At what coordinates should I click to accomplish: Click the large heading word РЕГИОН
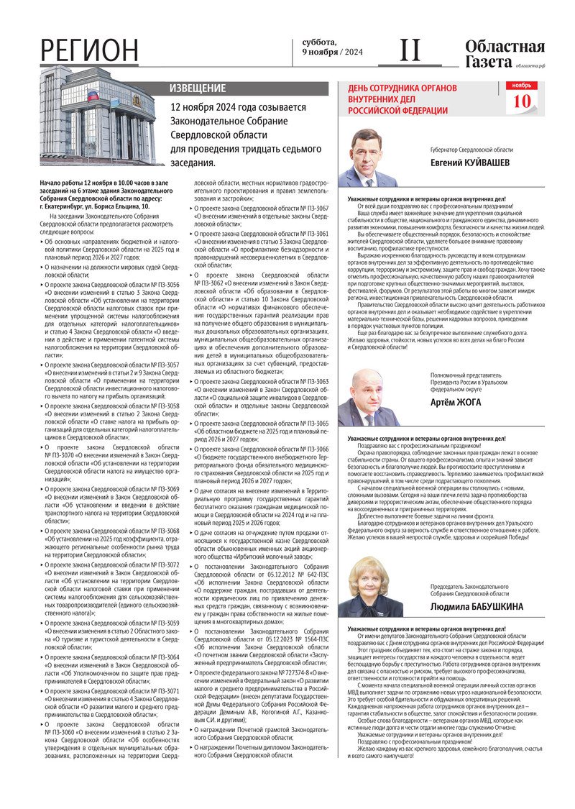coord(89,51)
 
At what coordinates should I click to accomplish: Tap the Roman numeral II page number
coord(410,50)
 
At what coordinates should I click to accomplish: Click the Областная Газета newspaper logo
coord(504,55)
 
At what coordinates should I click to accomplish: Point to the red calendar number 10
coord(522,101)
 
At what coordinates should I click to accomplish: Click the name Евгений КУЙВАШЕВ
coord(470,163)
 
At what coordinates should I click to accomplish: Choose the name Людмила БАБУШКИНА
coord(477,607)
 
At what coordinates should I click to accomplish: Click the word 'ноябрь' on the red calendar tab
coord(522,86)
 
